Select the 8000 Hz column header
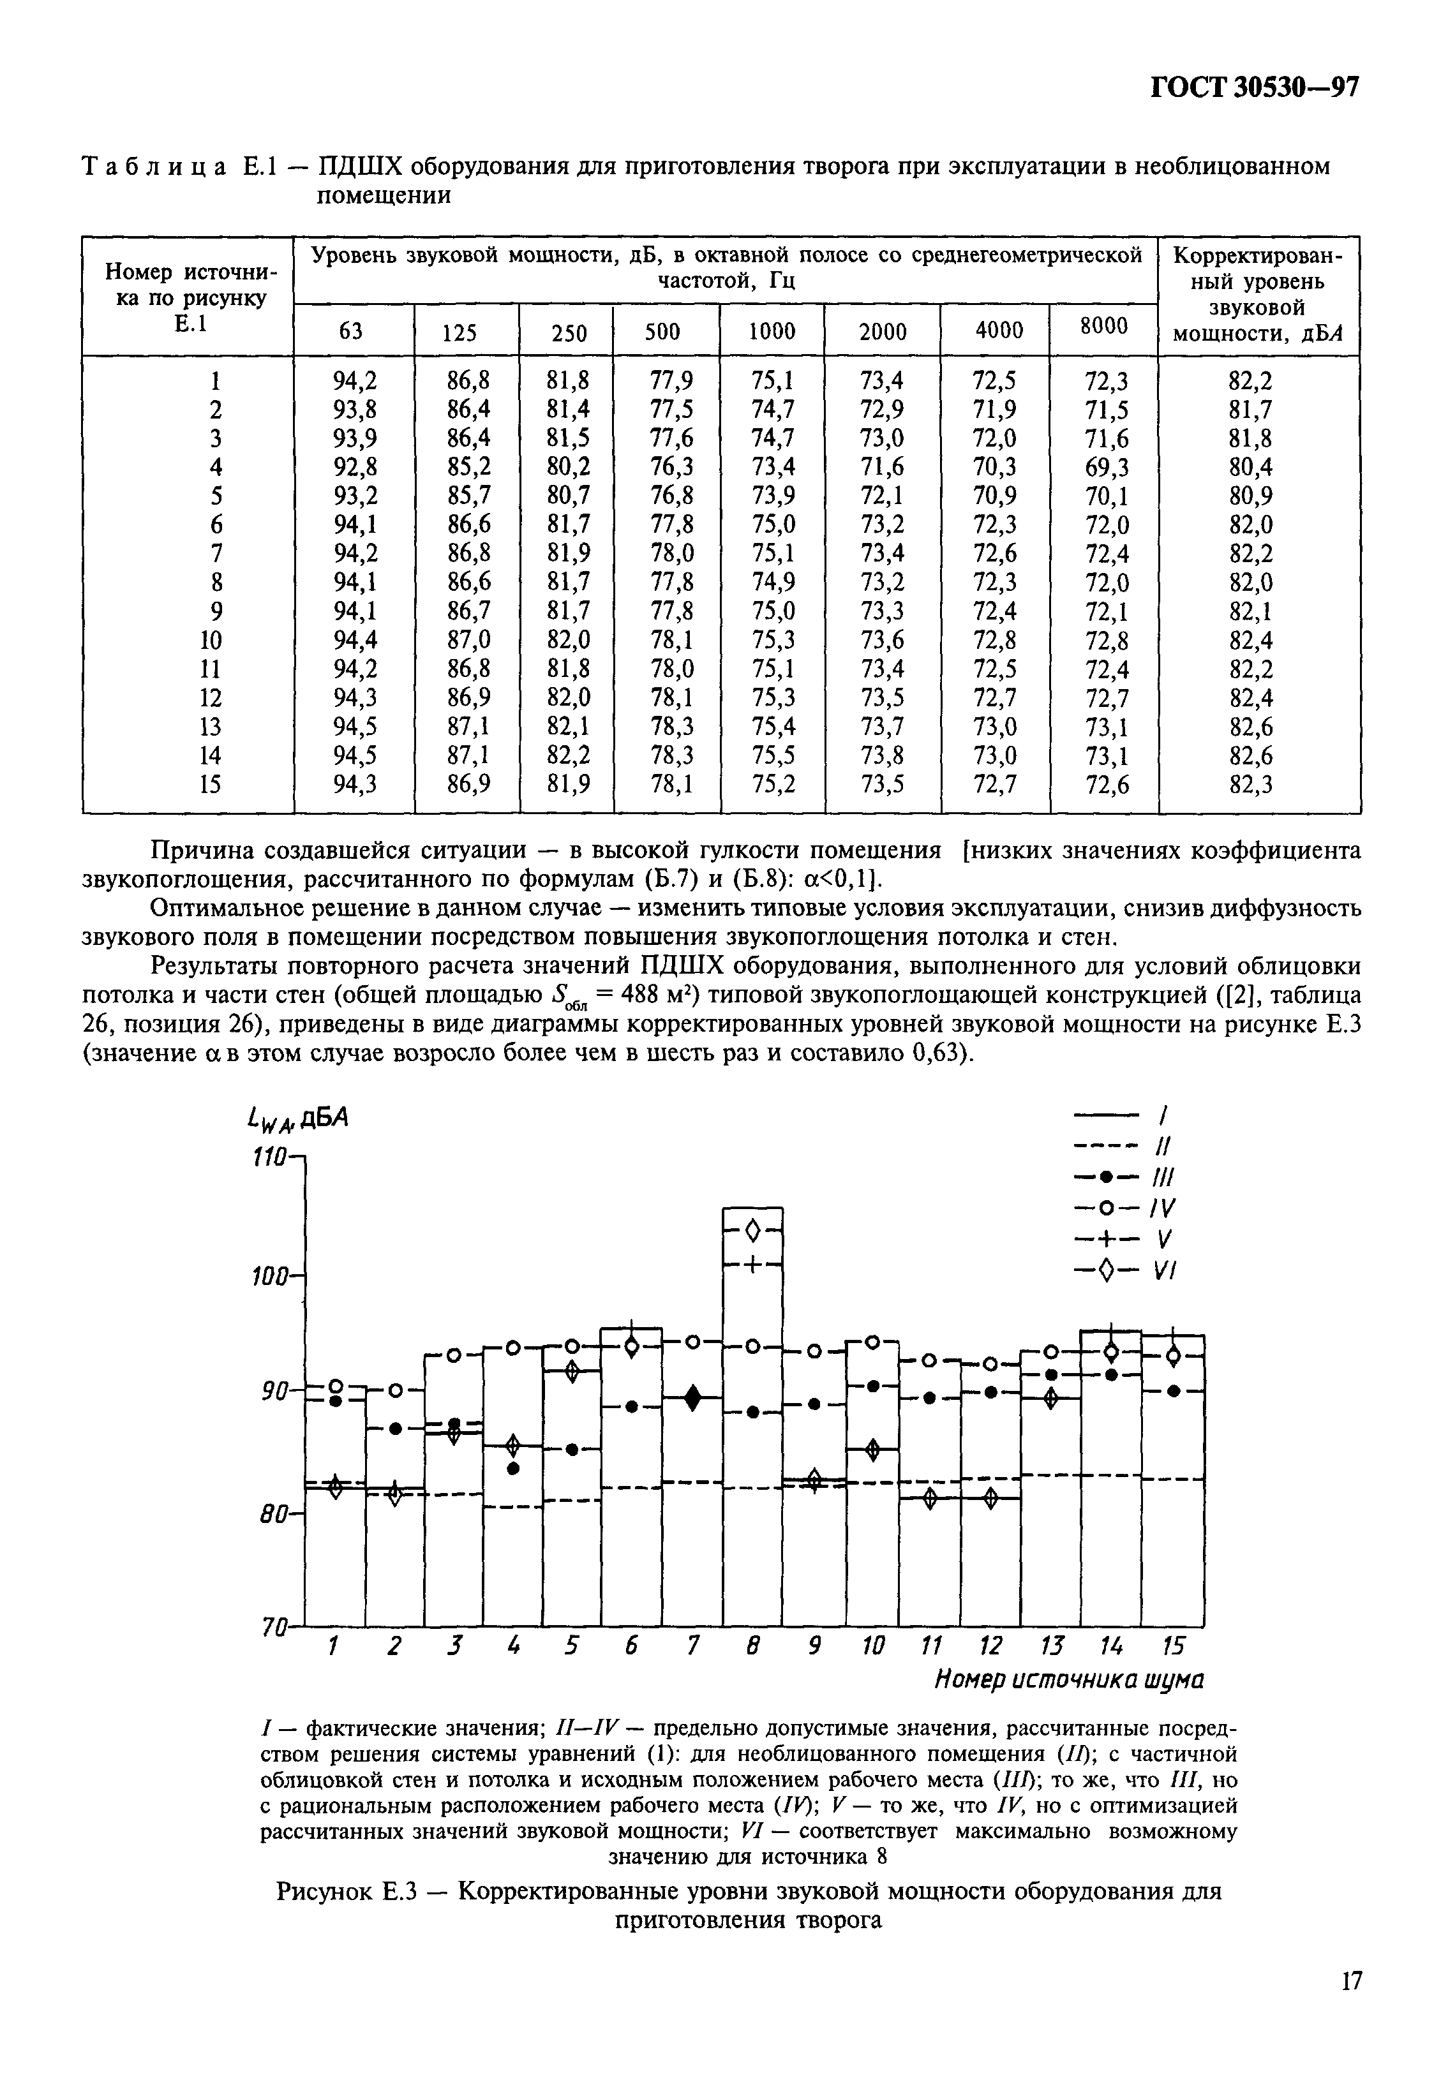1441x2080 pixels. [x=1103, y=327]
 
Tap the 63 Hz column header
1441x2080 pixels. [x=350, y=331]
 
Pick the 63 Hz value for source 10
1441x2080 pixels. [x=355, y=640]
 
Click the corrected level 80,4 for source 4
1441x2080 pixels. [x=1250, y=467]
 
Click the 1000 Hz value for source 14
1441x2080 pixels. [x=773, y=755]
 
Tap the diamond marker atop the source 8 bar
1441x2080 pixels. [x=753, y=1229]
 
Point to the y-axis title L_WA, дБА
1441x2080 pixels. [x=296, y=1120]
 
